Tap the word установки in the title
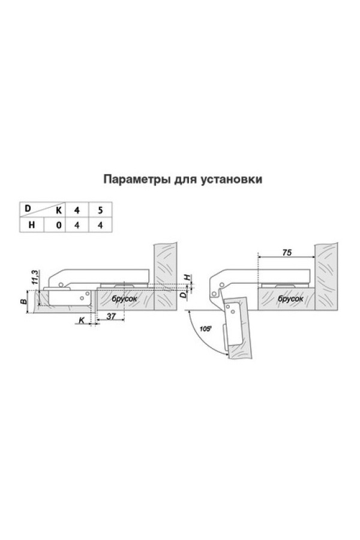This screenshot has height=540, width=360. point(231,179)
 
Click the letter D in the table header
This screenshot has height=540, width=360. point(28,208)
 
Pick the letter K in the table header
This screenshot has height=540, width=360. point(59,211)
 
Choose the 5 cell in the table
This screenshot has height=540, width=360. point(100,210)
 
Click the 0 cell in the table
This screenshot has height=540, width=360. point(59,225)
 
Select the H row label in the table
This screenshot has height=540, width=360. point(31,225)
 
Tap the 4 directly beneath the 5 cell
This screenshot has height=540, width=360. point(100,225)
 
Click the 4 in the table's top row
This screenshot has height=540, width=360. point(77,210)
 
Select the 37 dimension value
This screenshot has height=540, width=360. point(111,316)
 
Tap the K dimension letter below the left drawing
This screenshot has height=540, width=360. point(82,320)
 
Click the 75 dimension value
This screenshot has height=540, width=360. point(287,253)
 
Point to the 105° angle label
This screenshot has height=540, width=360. point(205,329)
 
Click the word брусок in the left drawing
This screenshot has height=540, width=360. point(124,299)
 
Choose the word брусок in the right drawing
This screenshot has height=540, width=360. point(291,299)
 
